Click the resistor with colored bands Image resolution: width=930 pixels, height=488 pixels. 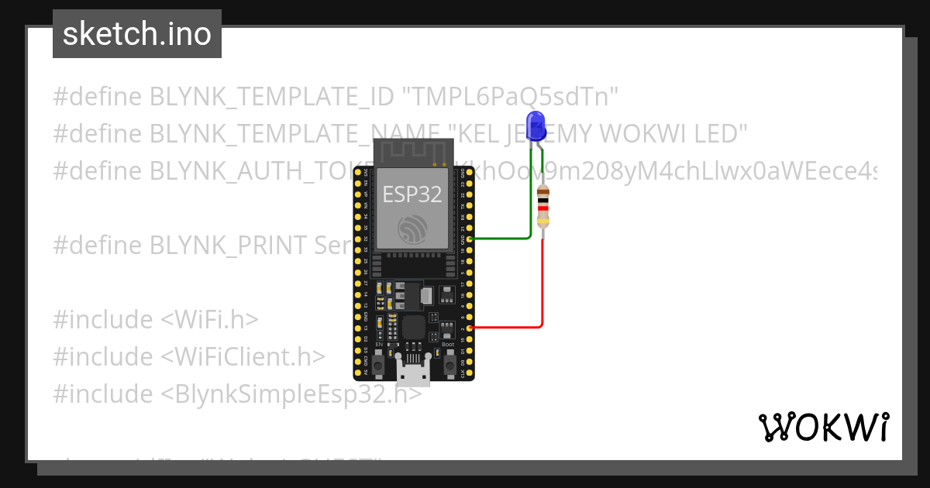(x=542, y=207)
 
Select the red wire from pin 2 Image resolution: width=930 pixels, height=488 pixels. (x=541, y=294)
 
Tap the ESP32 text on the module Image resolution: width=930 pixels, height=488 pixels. (x=412, y=194)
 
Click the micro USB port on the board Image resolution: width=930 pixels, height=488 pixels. (x=414, y=373)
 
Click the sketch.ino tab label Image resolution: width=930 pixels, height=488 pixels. (x=137, y=34)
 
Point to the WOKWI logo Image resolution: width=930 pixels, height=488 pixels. (x=823, y=427)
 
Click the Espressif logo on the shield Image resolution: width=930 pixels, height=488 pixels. (x=412, y=229)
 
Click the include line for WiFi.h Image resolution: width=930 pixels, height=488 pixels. (x=156, y=320)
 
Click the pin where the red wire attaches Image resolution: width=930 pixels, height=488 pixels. (x=470, y=328)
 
